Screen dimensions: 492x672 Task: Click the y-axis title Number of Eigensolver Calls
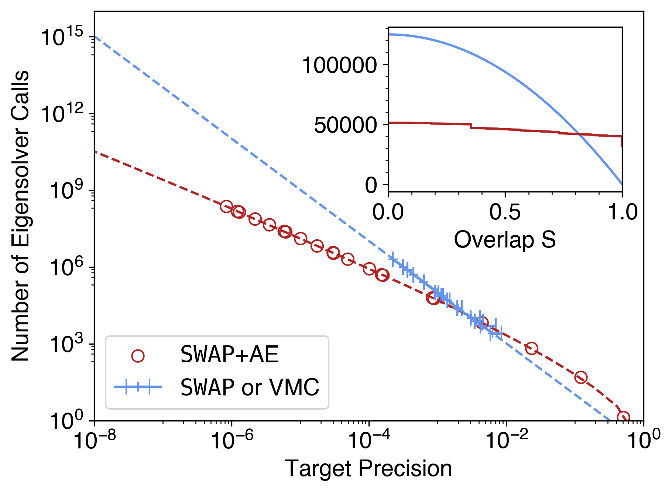[x=21, y=216]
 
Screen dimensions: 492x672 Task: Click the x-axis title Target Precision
[x=368, y=469]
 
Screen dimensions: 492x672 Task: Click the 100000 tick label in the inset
[x=339, y=65]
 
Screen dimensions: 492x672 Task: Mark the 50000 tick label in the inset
[x=345, y=125]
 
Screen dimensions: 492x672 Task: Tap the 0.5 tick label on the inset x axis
[x=505, y=212]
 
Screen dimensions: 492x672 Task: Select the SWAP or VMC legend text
[x=250, y=387]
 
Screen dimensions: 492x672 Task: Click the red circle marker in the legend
[x=138, y=356]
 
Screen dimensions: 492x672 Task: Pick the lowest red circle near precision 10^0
[x=623, y=418]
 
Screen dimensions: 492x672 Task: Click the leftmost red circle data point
[x=226, y=206]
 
